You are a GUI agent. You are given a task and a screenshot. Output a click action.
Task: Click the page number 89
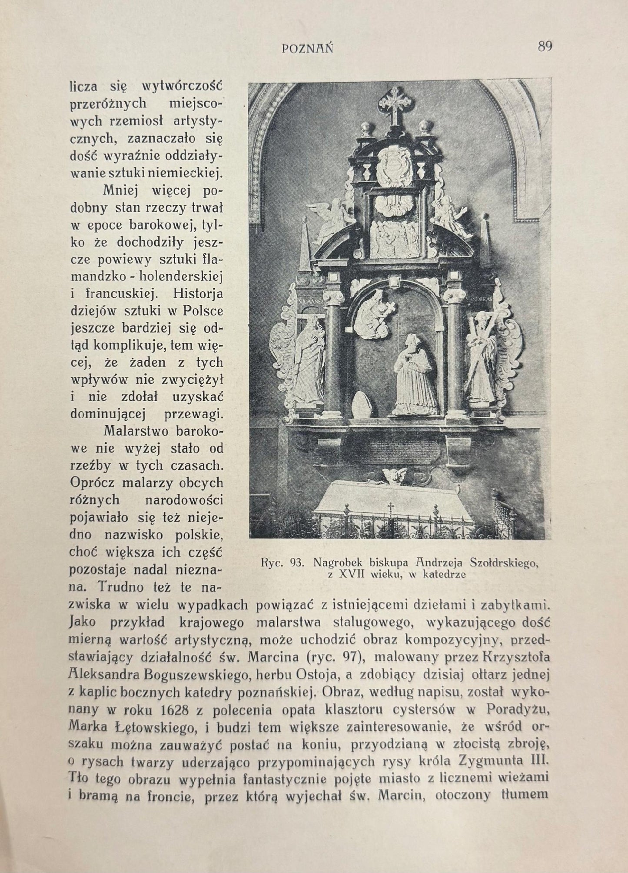click(x=545, y=46)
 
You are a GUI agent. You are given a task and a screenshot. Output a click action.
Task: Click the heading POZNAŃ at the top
click(x=308, y=49)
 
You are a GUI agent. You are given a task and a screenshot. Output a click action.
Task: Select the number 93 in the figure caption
click(x=297, y=563)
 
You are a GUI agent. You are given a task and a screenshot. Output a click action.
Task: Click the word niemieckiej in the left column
click(x=186, y=173)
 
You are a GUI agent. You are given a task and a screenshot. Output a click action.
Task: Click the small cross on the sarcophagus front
click(x=390, y=506)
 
